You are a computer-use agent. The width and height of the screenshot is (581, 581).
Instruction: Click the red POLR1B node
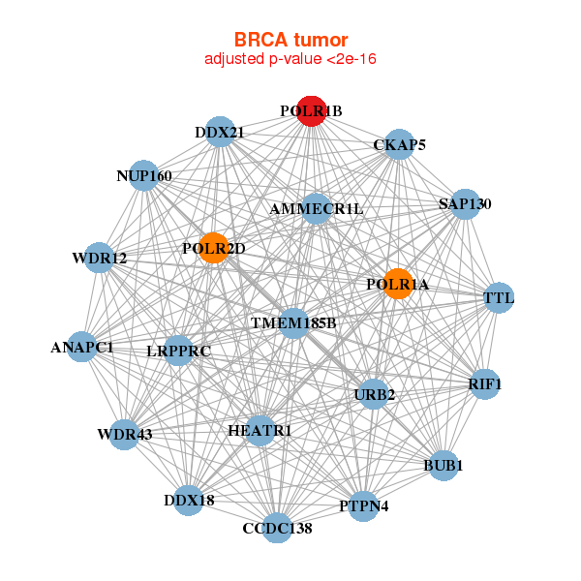coord(311,111)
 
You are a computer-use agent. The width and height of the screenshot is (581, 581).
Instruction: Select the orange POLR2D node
coord(213,248)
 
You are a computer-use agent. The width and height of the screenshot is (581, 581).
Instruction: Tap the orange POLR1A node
coord(397,284)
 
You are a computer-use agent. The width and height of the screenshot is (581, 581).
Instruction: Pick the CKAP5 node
coord(399,145)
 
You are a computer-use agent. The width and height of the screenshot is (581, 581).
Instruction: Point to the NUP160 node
coord(144,175)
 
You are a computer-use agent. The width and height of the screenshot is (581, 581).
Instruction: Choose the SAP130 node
coord(465,203)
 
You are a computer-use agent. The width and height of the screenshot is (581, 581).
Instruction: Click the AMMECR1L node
coord(317,208)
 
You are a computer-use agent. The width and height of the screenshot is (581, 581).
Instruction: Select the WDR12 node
coord(100,258)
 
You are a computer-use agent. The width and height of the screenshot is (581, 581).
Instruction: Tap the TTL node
coord(499,297)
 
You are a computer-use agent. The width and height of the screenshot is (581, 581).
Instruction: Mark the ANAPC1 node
coord(82,347)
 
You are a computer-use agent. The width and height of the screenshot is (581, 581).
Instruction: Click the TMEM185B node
coord(293,321)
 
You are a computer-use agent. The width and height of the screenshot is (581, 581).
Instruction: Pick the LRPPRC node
coord(179,351)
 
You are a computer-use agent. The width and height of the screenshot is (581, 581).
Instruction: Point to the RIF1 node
coord(484,384)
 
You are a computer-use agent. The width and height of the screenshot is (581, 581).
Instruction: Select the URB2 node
coord(374,394)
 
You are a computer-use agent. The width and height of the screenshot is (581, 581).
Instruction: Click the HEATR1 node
coord(260,430)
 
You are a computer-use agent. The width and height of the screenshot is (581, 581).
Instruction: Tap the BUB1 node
coord(443,466)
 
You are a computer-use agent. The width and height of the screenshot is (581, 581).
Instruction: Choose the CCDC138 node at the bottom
coord(278,528)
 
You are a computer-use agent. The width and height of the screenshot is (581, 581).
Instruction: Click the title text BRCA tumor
coord(290,40)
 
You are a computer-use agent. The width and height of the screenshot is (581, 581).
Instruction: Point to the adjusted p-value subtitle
coord(290,59)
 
